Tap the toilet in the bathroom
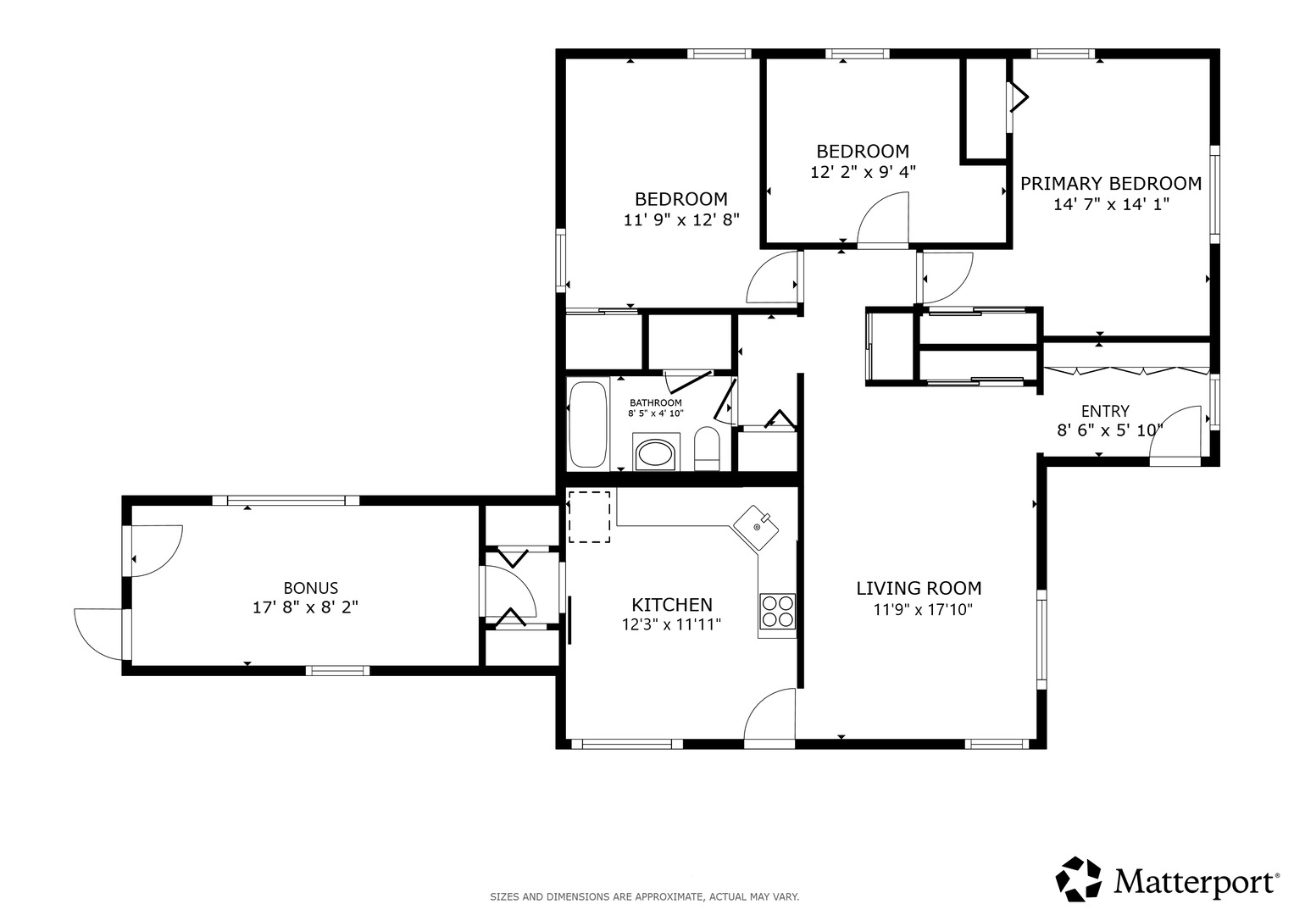707,449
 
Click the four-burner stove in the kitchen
777,612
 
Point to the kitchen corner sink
756,527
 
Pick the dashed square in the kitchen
589,517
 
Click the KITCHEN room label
672,605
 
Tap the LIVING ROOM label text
919,589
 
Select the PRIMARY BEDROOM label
1111,184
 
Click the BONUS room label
311,588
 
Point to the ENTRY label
1105,411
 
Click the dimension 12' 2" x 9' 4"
863,172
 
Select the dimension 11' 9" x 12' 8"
681,220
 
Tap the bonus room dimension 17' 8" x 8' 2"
306,607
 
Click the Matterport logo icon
1078,879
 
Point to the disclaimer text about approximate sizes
645,897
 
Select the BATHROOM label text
656,402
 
